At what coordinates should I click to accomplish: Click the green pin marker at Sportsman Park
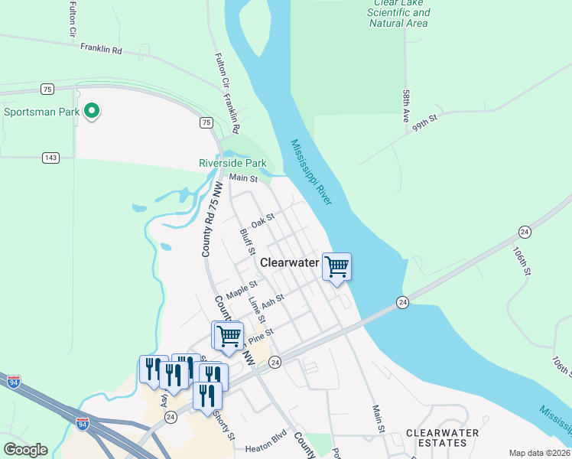tap(92, 112)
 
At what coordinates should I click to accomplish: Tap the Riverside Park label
tap(232, 163)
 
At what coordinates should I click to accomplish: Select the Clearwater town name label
tap(289, 262)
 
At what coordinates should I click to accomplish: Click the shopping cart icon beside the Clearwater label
tap(336, 267)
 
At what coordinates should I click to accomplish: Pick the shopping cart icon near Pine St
tap(227, 335)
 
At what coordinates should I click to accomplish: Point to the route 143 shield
tap(51, 158)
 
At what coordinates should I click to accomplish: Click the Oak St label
tap(262, 221)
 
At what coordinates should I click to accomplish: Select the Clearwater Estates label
tap(442, 438)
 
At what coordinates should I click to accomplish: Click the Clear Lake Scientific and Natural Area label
tap(398, 13)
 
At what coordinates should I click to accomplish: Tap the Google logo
tap(25, 450)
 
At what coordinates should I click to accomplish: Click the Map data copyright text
tap(539, 453)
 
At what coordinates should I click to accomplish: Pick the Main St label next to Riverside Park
tap(245, 178)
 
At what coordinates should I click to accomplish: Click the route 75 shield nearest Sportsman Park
tap(47, 90)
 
